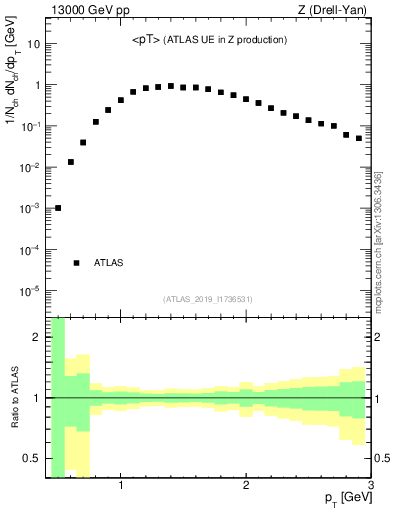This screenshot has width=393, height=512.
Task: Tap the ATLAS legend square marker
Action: (77, 263)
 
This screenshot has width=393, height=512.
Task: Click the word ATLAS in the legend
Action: (109, 263)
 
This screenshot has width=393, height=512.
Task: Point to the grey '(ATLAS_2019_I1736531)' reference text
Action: (208, 299)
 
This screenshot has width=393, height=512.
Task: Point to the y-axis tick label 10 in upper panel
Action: (34, 45)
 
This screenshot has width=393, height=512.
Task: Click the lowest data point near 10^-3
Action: (58, 208)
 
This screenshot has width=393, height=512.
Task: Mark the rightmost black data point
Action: (359, 138)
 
